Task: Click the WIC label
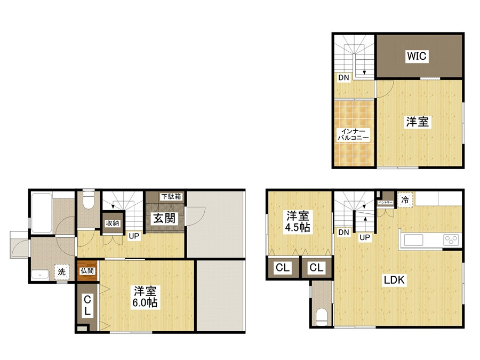click(x=417, y=56)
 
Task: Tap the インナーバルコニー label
click(x=353, y=135)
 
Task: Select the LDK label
click(x=394, y=280)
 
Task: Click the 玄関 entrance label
click(x=164, y=218)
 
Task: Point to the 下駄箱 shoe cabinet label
click(x=171, y=196)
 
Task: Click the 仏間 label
click(x=87, y=271)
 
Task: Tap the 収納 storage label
click(x=113, y=223)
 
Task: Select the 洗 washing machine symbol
click(x=62, y=272)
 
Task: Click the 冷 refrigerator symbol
click(x=405, y=200)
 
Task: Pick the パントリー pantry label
click(x=385, y=203)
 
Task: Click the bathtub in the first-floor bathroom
click(x=42, y=213)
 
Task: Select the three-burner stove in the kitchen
click(x=452, y=239)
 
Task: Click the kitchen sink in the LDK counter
click(x=413, y=239)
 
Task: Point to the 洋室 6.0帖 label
click(x=145, y=297)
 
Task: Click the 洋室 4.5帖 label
click(x=298, y=222)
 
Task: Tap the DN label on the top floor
click(x=343, y=78)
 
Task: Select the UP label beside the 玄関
click(x=134, y=236)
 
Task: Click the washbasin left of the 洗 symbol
click(x=40, y=275)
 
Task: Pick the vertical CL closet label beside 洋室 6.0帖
click(x=87, y=305)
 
